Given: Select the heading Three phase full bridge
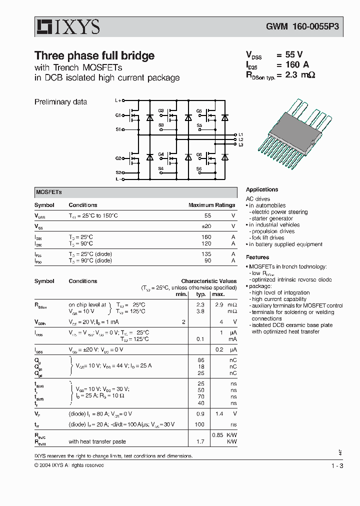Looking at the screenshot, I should (x=94, y=55).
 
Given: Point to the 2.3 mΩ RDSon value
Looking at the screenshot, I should (x=299, y=75).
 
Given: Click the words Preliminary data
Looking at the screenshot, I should (x=60, y=102).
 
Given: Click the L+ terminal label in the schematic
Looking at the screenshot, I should (x=118, y=100).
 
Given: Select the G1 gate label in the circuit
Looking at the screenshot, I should (x=118, y=115).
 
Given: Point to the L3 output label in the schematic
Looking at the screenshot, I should (x=240, y=144).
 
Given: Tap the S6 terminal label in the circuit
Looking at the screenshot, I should (x=198, y=169).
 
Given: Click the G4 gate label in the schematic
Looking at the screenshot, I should (x=161, y=154).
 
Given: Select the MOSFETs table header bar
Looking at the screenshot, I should (x=135, y=192).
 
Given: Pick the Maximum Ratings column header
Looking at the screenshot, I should (x=211, y=205).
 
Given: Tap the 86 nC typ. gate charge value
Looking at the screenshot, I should (x=201, y=360).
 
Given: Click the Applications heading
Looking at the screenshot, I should (x=262, y=189).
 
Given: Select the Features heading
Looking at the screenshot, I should (x=257, y=257).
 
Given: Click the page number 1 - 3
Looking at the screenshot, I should (x=337, y=466).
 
